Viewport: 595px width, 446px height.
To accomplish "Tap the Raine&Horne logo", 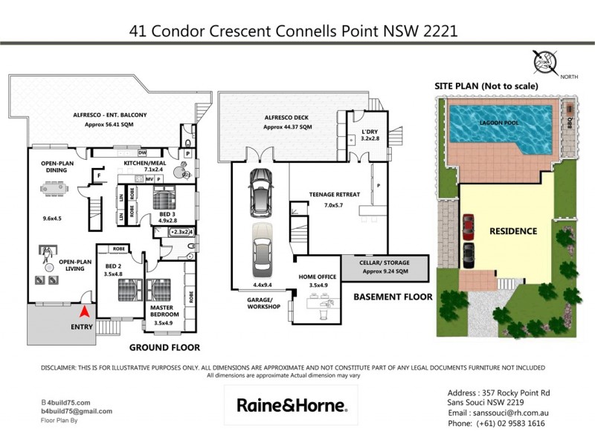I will pyautogui.click(x=292, y=405).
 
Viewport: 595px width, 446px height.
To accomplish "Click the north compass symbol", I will pyautogui.click(x=547, y=62).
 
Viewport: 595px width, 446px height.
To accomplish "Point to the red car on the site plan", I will pyautogui.click(x=469, y=225).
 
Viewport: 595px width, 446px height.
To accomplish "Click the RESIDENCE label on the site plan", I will pyautogui.click(x=512, y=231).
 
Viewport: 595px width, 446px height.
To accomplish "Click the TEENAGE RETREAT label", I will pyautogui.click(x=335, y=195).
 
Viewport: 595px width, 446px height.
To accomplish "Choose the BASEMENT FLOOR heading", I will pyautogui.click(x=392, y=297).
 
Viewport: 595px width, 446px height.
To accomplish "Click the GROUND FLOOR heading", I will pyautogui.click(x=164, y=347).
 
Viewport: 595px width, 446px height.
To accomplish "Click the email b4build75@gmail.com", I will pyautogui.click(x=77, y=411).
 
